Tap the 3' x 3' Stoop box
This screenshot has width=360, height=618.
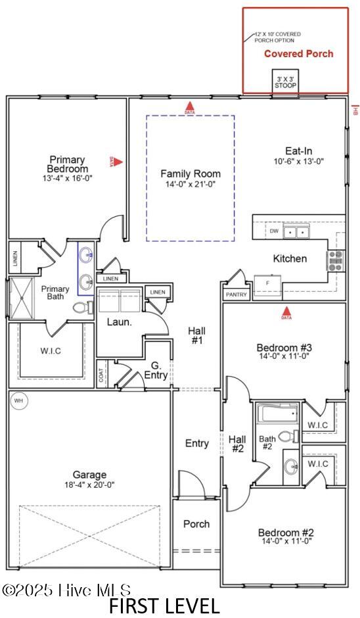click(286, 82)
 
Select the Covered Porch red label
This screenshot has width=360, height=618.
click(298, 54)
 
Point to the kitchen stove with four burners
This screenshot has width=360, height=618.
click(336, 260)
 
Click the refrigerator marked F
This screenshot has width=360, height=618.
click(267, 283)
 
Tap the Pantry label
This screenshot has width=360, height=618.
click(236, 295)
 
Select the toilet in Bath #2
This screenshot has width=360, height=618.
click(288, 436)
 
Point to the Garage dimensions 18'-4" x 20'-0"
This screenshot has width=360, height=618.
click(91, 485)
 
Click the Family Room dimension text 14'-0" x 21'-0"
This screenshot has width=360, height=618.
click(191, 184)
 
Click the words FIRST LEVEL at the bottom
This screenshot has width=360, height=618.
click(164, 606)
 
